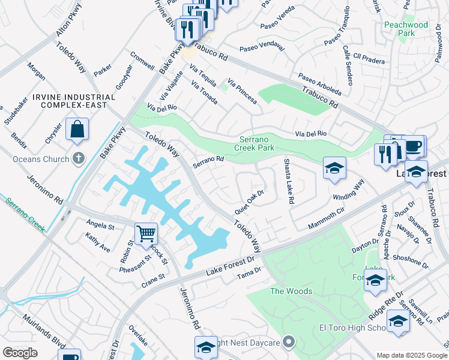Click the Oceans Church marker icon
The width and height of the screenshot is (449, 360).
[77, 158]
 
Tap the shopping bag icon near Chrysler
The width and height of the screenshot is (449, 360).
[77, 129]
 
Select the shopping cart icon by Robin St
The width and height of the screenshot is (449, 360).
[146, 234]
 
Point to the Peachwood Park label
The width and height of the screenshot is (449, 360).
[406, 29]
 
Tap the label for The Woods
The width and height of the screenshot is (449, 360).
[291, 292]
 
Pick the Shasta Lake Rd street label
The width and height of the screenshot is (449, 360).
[287, 182]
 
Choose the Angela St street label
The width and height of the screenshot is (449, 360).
[100, 226]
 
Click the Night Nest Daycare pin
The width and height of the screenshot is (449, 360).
[289, 342]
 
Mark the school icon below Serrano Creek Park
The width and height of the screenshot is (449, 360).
[334, 168]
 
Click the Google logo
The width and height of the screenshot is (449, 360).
[20, 353]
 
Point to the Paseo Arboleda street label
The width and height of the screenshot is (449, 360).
[320, 85]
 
